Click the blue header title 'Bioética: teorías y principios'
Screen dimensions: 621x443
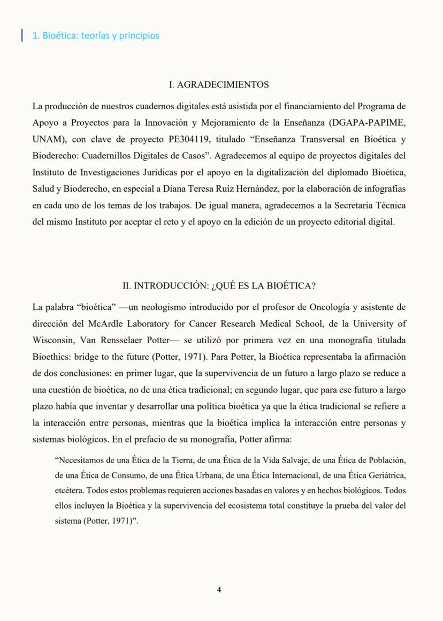pos(96,36)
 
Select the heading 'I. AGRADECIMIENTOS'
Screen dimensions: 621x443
pos(218,85)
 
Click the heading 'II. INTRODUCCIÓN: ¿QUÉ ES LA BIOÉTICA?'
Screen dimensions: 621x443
pos(219,286)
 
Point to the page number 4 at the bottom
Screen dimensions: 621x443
pos(219,589)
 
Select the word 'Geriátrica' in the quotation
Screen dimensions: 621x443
pos(385,475)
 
